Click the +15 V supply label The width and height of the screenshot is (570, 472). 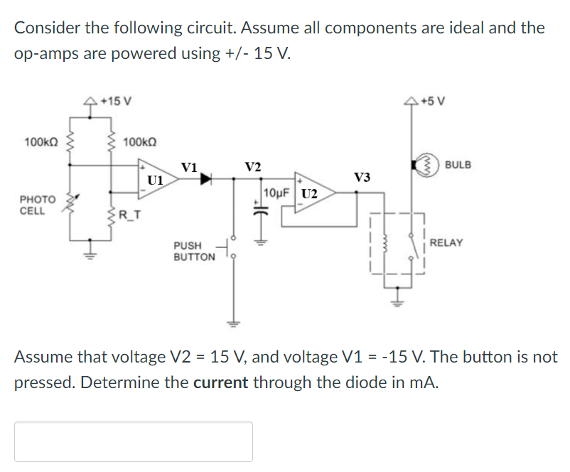point(116,100)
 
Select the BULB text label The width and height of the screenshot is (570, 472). point(458,165)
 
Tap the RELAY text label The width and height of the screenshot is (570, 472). point(446,243)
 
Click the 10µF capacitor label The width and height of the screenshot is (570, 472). point(275,193)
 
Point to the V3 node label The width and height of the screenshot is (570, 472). point(362,176)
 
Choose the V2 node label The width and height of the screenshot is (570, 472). point(252,166)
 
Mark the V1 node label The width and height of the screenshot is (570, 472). point(189,168)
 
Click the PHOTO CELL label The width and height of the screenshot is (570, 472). point(33,205)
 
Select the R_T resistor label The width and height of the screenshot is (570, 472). point(129,214)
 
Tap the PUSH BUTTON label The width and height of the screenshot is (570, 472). point(193,250)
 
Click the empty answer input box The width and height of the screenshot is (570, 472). point(133,441)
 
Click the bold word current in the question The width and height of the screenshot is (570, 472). point(220,382)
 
